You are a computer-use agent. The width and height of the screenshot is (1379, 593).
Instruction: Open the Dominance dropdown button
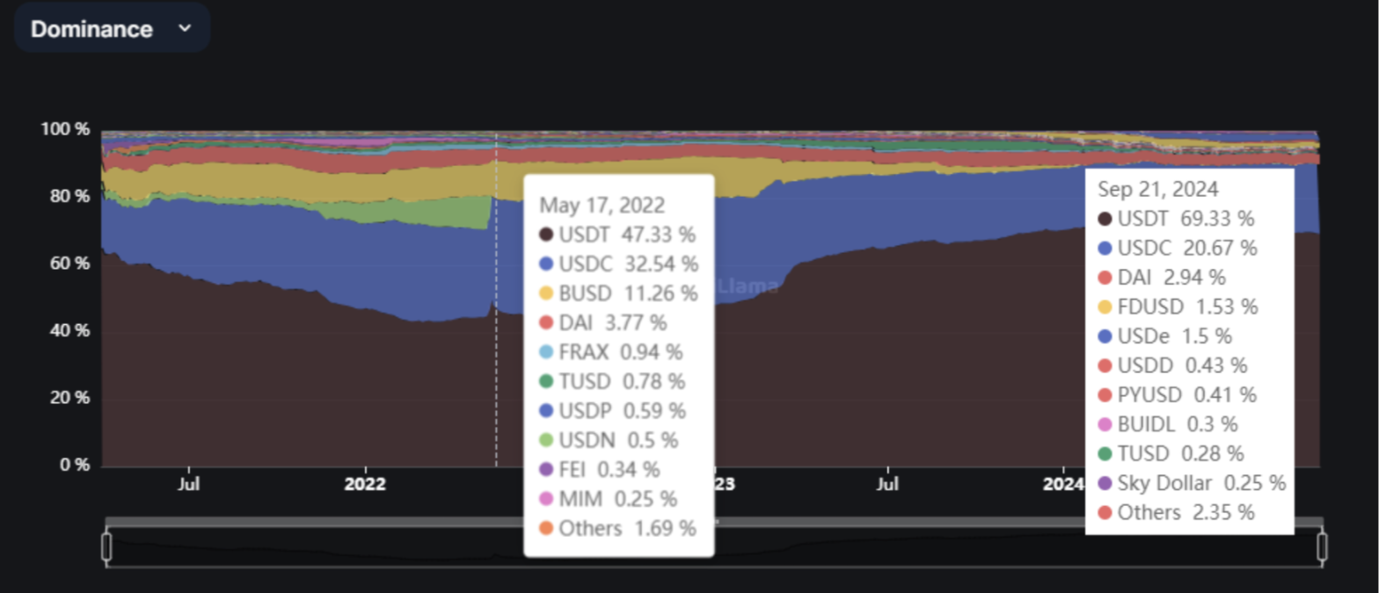(x=111, y=28)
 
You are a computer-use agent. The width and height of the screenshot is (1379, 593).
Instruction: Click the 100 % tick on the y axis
(x=65, y=129)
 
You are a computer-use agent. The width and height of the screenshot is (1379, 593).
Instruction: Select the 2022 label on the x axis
(x=365, y=484)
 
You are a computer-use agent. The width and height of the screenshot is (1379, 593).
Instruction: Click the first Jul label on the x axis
(x=188, y=484)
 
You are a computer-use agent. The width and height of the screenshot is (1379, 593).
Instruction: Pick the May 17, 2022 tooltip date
(x=602, y=205)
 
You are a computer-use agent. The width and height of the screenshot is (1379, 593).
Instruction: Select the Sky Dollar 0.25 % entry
(x=1192, y=482)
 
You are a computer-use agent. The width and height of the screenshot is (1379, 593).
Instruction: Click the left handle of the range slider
(x=106, y=546)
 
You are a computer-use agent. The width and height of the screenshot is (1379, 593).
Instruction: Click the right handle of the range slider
(x=1322, y=546)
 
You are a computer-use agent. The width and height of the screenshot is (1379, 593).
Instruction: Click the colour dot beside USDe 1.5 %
(x=1105, y=336)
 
